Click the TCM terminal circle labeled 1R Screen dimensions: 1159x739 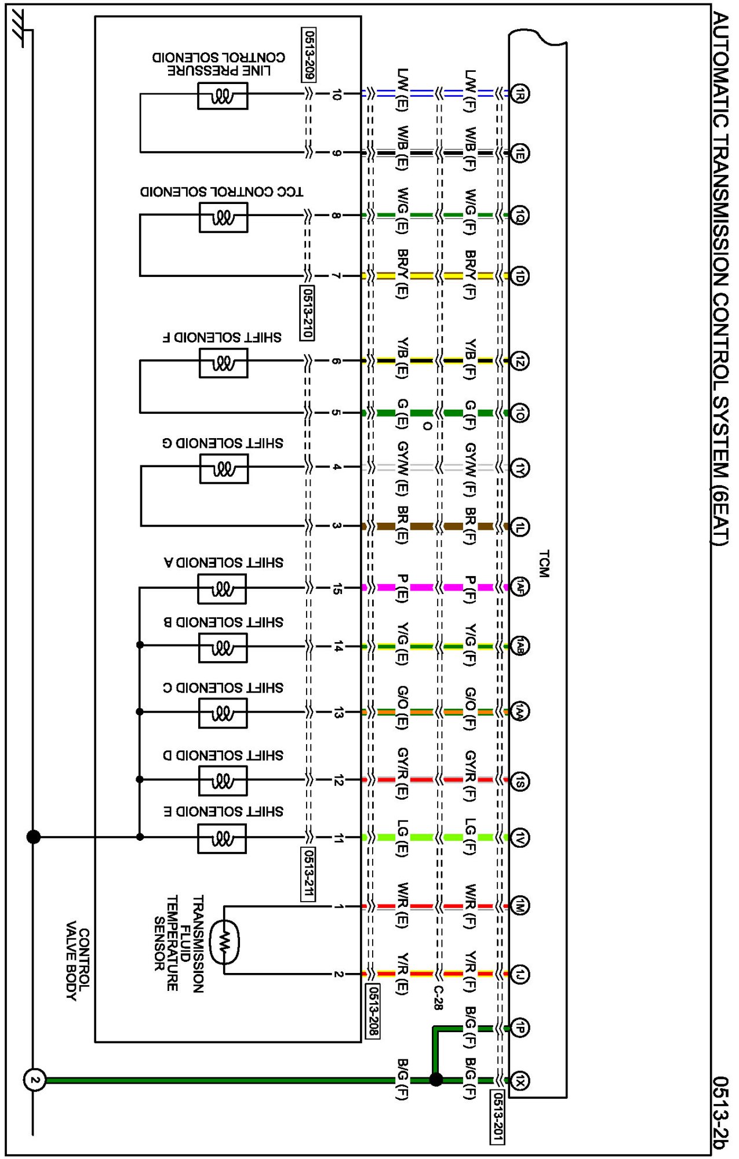click(x=520, y=93)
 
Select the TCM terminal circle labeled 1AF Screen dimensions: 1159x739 click(x=520, y=587)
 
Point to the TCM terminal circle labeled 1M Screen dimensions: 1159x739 click(x=520, y=906)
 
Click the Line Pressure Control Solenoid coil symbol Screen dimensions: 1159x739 click(x=223, y=96)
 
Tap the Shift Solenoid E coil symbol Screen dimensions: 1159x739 click(x=222, y=839)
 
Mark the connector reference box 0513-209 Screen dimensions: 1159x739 click(x=309, y=54)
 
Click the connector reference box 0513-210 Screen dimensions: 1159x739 click(x=307, y=312)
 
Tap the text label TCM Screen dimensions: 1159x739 click(x=543, y=564)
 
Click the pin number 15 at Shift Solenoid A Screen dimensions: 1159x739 click(x=337, y=589)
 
